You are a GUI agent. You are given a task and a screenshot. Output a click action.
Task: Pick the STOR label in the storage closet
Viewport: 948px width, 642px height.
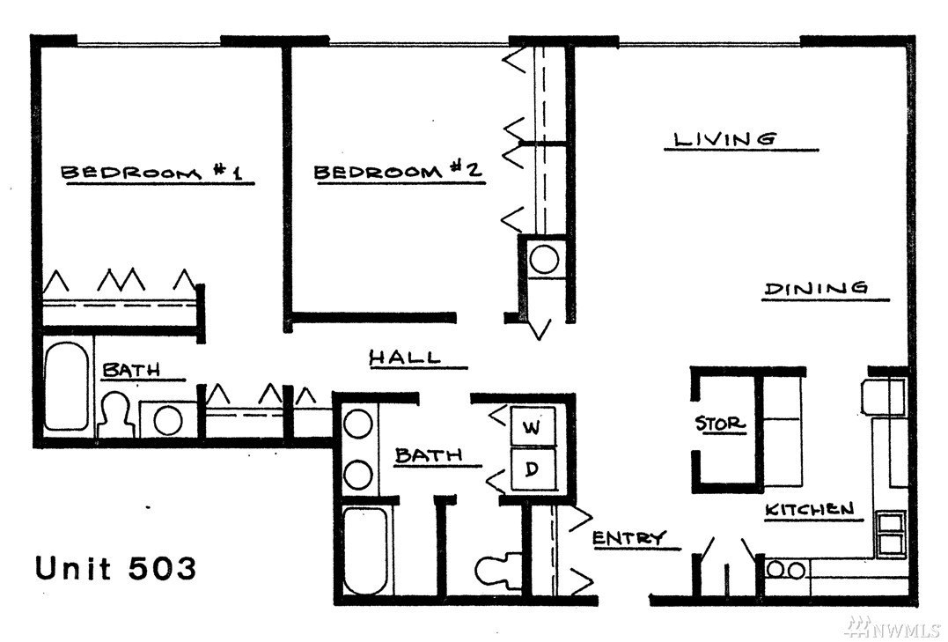pos(719,423)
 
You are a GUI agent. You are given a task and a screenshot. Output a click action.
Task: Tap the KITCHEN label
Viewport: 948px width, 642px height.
pos(810,509)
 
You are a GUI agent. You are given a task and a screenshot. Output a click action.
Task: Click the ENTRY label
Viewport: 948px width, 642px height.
pos(628,537)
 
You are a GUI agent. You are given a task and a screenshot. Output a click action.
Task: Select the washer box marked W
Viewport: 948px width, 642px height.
pos(532,426)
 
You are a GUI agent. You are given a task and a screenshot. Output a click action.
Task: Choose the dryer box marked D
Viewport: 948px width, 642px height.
pos(532,469)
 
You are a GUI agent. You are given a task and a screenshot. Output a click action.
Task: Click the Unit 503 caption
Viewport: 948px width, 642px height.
pos(115,567)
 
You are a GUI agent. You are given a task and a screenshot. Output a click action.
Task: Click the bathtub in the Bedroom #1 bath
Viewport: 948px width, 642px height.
pos(65,387)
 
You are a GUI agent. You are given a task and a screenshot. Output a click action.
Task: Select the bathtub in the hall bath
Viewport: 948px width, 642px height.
pos(366,550)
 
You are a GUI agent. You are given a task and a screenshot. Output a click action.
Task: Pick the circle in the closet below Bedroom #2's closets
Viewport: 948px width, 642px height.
pos(543,260)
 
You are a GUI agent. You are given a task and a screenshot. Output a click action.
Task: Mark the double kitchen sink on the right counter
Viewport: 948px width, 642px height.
pos(891,532)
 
